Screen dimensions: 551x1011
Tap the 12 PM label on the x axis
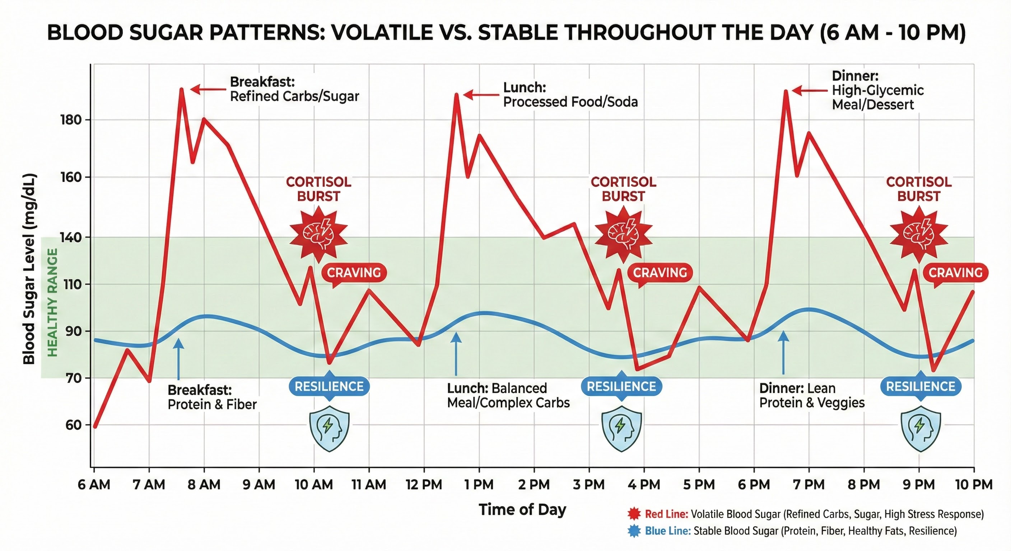point(424,485)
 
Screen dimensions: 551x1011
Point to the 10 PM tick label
point(974,485)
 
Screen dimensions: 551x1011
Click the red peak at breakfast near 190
point(181,89)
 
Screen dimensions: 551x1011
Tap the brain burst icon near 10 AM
point(319,235)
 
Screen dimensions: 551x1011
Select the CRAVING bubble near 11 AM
point(354,273)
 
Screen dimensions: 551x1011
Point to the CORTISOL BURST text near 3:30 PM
point(623,189)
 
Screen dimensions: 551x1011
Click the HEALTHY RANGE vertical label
point(52,302)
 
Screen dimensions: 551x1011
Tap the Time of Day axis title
point(522,509)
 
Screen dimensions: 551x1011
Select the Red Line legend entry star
point(634,514)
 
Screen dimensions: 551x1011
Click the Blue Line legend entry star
point(634,531)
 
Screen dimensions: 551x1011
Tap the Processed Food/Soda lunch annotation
point(570,102)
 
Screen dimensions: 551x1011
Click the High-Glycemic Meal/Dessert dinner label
point(877,97)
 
